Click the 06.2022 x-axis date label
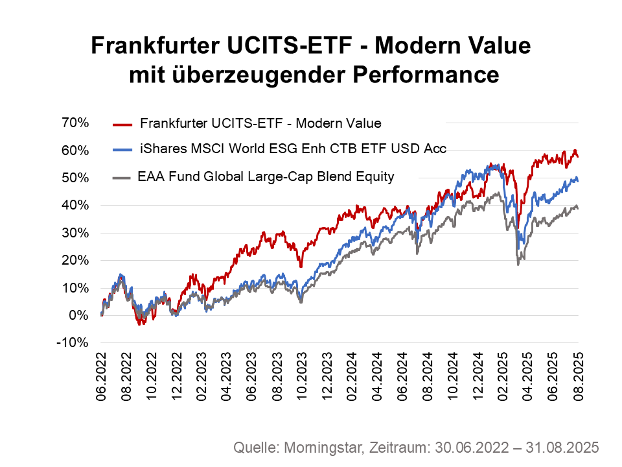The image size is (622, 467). click(x=101, y=379)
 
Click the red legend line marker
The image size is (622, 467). click(x=122, y=123)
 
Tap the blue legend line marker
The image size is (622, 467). click(x=122, y=149)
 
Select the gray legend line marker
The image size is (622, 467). click(x=122, y=176)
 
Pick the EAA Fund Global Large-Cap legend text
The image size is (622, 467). click(x=266, y=176)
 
